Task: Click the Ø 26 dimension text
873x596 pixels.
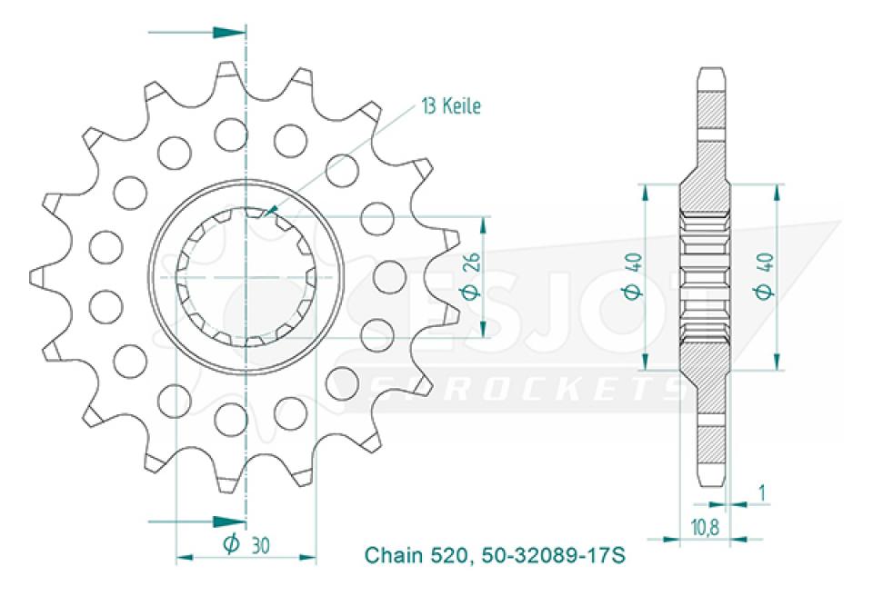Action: click(469, 277)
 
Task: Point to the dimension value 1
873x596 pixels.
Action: click(761, 493)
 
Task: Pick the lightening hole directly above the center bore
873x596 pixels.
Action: click(230, 134)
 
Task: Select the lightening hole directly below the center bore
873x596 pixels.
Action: click(230, 418)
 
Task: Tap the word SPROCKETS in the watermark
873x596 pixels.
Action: click(527, 387)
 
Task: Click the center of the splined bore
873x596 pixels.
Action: click(246, 276)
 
